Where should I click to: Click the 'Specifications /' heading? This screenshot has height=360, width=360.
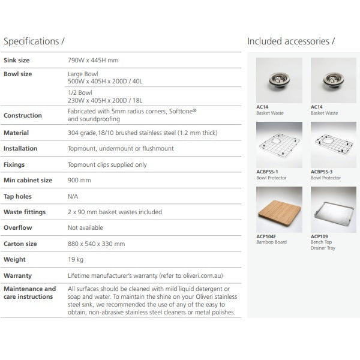pyautogui.click(x=34, y=41)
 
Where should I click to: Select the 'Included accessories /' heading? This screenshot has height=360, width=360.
pyautogui.click(x=291, y=41)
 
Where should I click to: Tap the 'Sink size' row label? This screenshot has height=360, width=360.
pyautogui.click(x=17, y=61)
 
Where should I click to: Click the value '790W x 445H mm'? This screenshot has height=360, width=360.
pyautogui.click(x=93, y=61)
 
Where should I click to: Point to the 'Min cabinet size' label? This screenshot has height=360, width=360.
pyautogui.click(x=28, y=180)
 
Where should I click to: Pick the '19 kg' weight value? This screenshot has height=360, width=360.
pyautogui.click(x=76, y=260)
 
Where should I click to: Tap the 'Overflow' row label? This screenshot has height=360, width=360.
pyautogui.click(x=17, y=228)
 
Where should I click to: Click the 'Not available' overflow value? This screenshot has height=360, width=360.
pyautogui.click(x=86, y=228)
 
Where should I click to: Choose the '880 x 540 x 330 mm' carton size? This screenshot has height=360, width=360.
pyautogui.click(x=97, y=244)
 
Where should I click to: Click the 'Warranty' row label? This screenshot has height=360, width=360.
pyautogui.click(x=17, y=275)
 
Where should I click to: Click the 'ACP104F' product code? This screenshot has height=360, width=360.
pyautogui.click(x=267, y=236)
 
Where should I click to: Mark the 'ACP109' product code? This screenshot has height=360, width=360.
pyautogui.click(x=319, y=236)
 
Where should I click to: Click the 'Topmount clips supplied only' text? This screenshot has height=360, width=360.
pyautogui.click(x=107, y=164)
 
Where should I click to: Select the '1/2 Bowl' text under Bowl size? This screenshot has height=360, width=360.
pyautogui.click(x=77, y=93)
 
